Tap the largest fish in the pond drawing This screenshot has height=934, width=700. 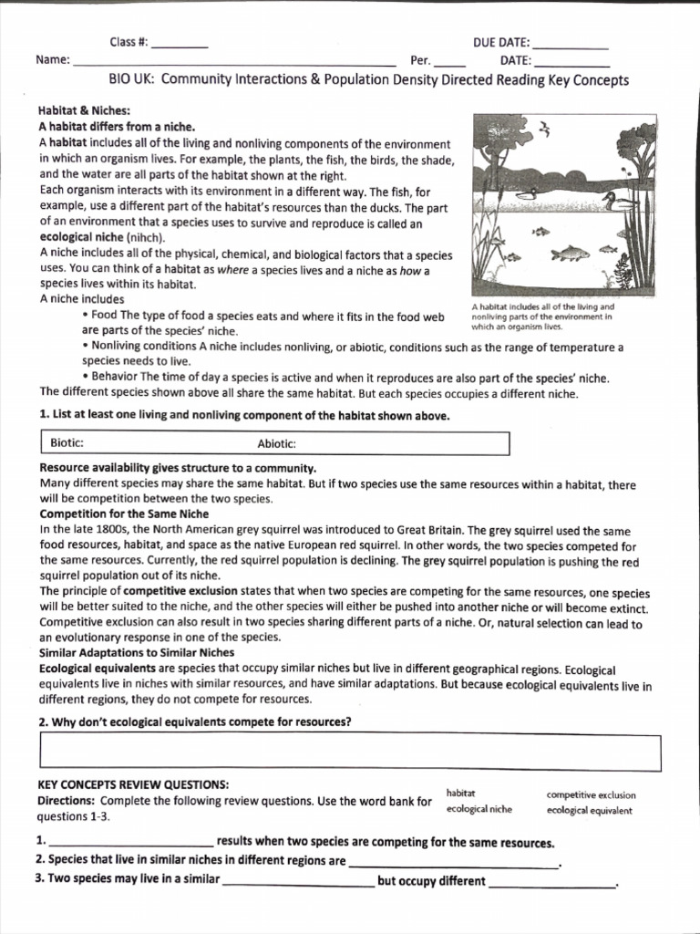[571, 253]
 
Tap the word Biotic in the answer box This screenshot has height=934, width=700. [67, 443]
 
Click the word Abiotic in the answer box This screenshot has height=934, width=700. [277, 443]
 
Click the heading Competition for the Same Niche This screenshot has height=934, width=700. [123, 514]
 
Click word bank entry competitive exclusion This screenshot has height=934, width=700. [591, 794]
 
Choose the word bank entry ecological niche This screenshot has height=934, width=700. [479, 809]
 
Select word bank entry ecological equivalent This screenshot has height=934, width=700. [589, 810]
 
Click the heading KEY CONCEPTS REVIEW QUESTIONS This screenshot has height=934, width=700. [133, 784]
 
